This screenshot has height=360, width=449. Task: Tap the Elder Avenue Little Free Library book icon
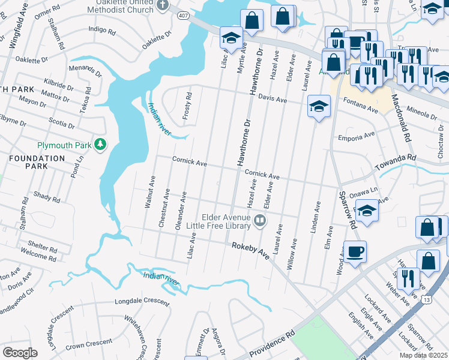click(260, 220)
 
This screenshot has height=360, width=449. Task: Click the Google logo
click(20, 352)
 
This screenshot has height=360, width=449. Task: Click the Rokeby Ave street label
click(251, 249)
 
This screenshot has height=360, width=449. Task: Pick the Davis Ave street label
click(273, 98)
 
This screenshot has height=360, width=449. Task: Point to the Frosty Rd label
click(188, 104)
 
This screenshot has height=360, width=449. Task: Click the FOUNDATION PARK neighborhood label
click(37, 163)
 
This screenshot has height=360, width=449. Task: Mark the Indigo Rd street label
click(101, 29)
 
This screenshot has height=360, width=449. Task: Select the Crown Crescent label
click(88, 344)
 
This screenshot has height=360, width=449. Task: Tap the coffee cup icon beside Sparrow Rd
click(355, 251)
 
